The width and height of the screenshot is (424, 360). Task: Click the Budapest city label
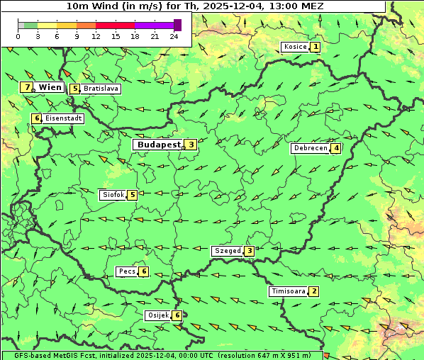click(x=159, y=145)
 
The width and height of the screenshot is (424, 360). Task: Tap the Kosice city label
click(x=295, y=47)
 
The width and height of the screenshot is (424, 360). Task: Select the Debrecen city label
click(x=310, y=149)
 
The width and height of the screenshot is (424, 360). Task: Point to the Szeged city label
click(x=227, y=251)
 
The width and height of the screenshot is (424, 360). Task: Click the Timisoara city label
click(x=288, y=291)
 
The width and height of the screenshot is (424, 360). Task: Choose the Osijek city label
click(x=157, y=315)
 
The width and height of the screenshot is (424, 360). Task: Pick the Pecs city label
click(x=127, y=271)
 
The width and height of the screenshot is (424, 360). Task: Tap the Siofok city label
click(x=113, y=194)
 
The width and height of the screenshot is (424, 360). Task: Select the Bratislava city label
click(x=100, y=89)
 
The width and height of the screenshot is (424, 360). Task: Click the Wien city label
click(x=50, y=87)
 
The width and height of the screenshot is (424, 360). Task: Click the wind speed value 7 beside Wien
click(x=27, y=87)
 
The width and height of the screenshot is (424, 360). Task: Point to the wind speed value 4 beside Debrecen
click(x=336, y=149)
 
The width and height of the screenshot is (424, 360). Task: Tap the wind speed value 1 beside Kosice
click(x=316, y=47)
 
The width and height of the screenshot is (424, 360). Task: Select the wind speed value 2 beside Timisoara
click(x=314, y=291)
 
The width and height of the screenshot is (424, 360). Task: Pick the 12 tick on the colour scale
click(x=96, y=35)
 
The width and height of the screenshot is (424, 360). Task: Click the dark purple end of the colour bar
click(x=178, y=25)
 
